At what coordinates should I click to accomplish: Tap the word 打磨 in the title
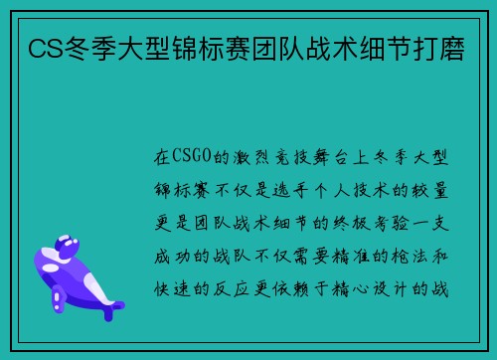tap(452, 47)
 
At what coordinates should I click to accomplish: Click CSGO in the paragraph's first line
tap(191, 156)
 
